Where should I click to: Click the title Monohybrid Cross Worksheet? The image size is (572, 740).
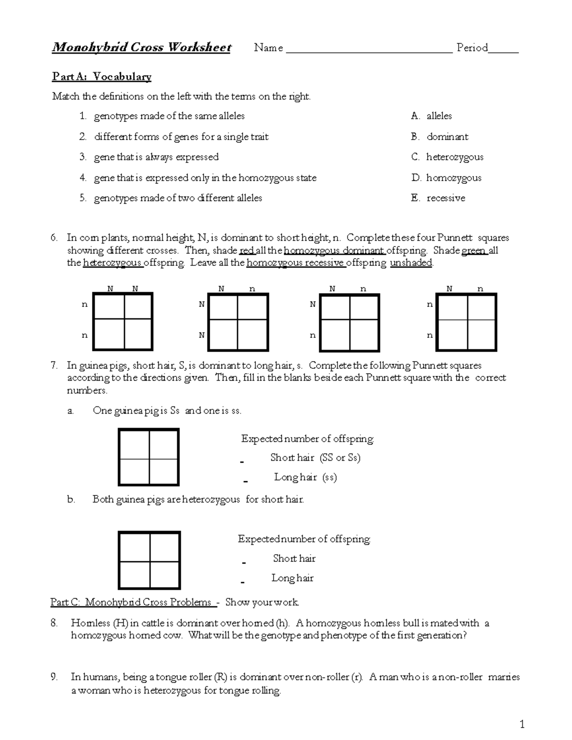pos(142,47)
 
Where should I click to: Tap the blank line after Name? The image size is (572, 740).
pos(369,49)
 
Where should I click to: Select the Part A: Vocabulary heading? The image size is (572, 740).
pos(102,76)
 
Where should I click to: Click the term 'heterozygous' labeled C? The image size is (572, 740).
pos(454,157)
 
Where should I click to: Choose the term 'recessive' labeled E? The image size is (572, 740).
pos(446,198)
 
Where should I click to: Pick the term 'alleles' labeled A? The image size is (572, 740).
pos(439,116)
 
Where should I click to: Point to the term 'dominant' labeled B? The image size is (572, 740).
pos(447,137)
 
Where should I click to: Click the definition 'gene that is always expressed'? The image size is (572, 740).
pos(156,157)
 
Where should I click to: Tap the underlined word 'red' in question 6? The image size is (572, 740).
pos(246,251)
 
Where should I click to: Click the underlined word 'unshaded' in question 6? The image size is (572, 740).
pos(411,263)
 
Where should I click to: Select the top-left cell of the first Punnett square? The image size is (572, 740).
pos(110,307)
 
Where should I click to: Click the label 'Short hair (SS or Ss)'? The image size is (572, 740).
pos(315,458)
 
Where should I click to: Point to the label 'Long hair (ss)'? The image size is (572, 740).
pos(305,477)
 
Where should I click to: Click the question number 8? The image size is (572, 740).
pos(54,623)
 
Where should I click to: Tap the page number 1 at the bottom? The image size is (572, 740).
pos(522,725)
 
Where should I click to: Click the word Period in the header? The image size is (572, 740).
pos(472,48)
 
